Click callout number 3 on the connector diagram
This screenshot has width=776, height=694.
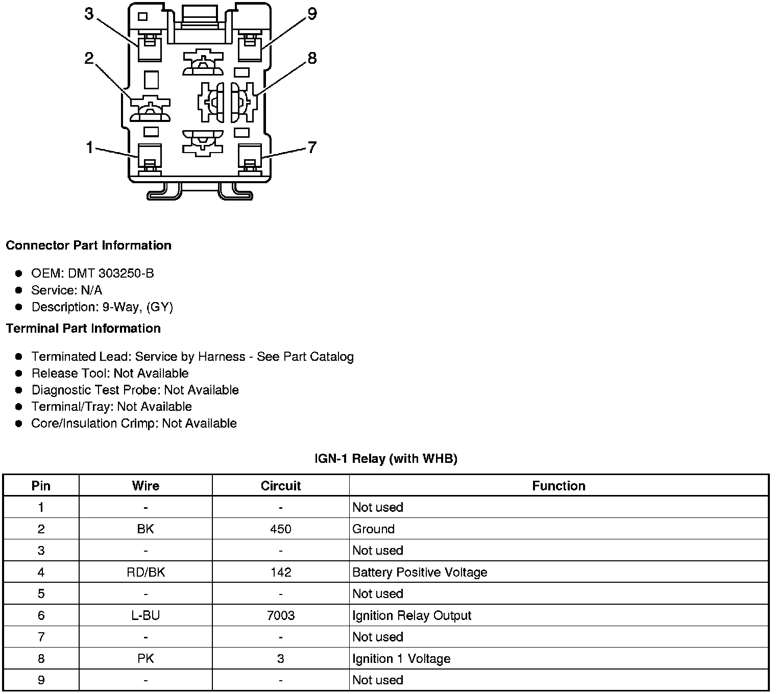pyautogui.click(x=89, y=14)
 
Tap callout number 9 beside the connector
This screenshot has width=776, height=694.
pyautogui.click(x=312, y=14)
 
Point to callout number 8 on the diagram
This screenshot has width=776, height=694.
pyautogui.click(x=312, y=58)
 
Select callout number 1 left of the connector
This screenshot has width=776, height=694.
pyautogui.click(x=90, y=148)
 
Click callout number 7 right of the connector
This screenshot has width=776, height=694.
pyautogui.click(x=312, y=147)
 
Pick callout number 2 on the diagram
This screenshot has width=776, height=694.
pyautogui.click(x=89, y=58)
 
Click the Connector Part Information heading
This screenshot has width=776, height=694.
pyautogui.click(x=88, y=245)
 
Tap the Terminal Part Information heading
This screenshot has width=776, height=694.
pyautogui.click(x=83, y=329)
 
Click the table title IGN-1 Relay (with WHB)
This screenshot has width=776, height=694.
pyautogui.click(x=386, y=459)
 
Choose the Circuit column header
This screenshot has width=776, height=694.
pyautogui.click(x=281, y=486)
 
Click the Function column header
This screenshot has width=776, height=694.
pyautogui.click(x=559, y=486)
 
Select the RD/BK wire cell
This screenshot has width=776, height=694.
pyautogui.click(x=145, y=573)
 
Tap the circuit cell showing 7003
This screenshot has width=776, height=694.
pyautogui.click(x=281, y=616)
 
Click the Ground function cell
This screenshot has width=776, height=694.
pyautogui.click(x=373, y=529)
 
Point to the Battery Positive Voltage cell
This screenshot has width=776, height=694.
pyautogui.click(x=420, y=573)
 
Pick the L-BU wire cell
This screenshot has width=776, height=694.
pyautogui.click(x=145, y=616)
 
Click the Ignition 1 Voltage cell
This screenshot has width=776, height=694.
pyautogui.click(x=401, y=659)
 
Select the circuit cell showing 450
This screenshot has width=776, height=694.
pyautogui.click(x=281, y=529)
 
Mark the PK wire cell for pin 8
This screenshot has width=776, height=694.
pyautogui.click(x=145, y=659)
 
